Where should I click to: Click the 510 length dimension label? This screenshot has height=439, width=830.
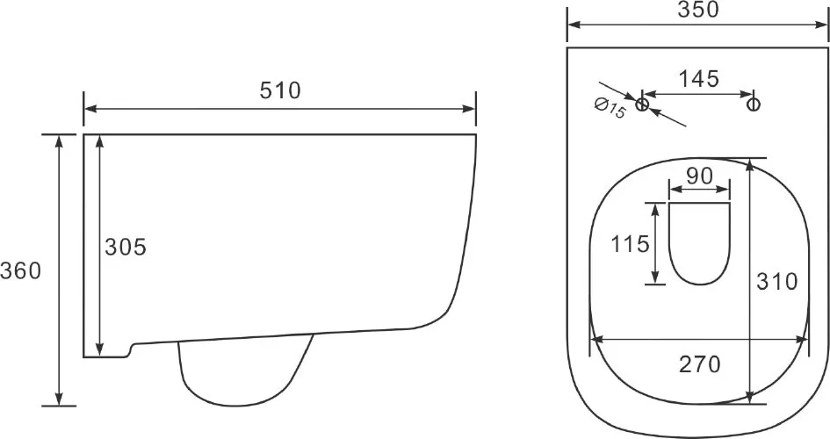(x=280, y=90)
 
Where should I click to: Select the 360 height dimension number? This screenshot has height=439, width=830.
(x=20, y=270)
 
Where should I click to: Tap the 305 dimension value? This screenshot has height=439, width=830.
(x=126, y=247)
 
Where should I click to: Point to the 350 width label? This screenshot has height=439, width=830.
(x=699, y=10)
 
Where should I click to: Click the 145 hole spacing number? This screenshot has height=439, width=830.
(x=699, y=79)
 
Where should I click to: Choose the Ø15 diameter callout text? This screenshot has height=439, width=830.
(x=610, y=108)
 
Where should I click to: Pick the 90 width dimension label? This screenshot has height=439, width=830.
(x=699, y=176)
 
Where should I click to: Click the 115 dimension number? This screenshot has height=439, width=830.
(x=630, y=244)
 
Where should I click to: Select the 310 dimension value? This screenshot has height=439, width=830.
(x=776, y=282)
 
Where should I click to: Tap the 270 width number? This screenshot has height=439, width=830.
(x=700, y=364)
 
